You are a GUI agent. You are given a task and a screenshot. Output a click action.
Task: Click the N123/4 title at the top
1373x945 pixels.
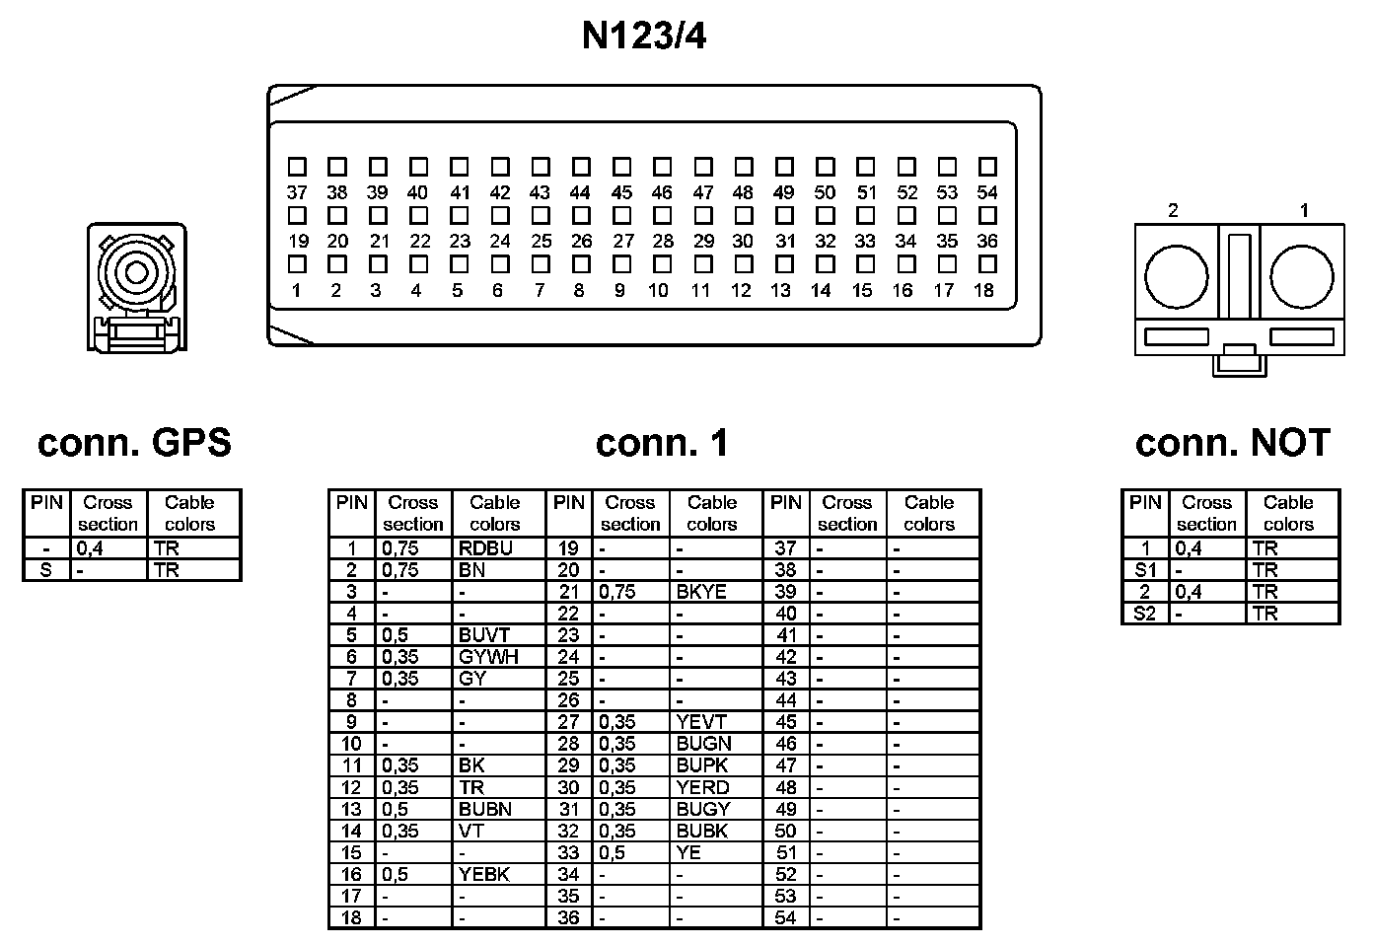point(643,36)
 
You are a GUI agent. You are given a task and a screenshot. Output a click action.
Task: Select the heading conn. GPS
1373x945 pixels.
point(134,443)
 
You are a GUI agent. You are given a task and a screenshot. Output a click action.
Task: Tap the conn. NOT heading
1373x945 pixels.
point(1232,443)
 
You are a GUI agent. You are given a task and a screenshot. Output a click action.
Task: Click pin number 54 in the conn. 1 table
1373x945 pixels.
point(785,918)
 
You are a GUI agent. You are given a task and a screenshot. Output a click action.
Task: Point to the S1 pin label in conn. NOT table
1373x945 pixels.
point(1145,570)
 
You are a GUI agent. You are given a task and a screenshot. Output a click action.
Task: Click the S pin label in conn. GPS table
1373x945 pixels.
point(45,570)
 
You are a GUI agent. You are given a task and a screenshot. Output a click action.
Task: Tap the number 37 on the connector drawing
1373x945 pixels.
point(297,193)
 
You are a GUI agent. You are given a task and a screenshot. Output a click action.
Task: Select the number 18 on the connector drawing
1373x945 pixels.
point(983,290)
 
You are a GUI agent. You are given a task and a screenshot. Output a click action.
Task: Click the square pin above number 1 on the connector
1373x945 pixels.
point(297,264)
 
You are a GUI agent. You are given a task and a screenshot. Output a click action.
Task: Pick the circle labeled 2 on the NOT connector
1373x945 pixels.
point(1176,276)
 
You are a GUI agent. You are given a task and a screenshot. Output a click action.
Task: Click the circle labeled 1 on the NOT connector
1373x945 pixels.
point(1301,276)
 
